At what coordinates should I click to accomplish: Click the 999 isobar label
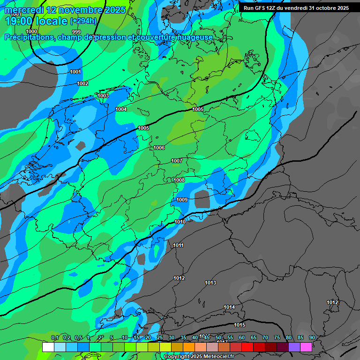(x=76, y=32)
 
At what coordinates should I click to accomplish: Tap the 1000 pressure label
(x=31, y=31)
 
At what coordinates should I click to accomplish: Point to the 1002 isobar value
(x=82, y=83)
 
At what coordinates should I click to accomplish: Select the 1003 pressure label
(x=103, y=96)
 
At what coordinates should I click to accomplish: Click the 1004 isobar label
(x=121, y=109)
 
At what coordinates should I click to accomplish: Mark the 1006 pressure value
(x=159, y=148)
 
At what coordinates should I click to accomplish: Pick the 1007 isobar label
(x=176, y=161)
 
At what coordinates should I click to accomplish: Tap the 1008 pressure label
(x=179, y=180)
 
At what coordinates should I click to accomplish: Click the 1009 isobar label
(x=182, y=200)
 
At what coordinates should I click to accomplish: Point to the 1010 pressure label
(x=180, y=222)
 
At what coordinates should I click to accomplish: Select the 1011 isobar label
(x=178, y=245)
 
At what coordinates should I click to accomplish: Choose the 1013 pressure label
(x=210, y=283)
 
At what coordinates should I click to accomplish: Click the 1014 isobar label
(x=229, y=307)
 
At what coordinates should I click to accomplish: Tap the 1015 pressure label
(x=240, y=325)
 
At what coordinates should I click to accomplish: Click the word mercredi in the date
(x=24, y=10)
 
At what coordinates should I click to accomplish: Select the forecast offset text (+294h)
(x=83, y=21)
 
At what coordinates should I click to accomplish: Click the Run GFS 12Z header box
(x=296, y=8)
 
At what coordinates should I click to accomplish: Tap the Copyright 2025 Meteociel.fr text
(x=199, y=356)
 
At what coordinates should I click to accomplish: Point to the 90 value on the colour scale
(x=312, y=337)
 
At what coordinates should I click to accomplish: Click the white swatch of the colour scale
(x=48, y=347)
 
